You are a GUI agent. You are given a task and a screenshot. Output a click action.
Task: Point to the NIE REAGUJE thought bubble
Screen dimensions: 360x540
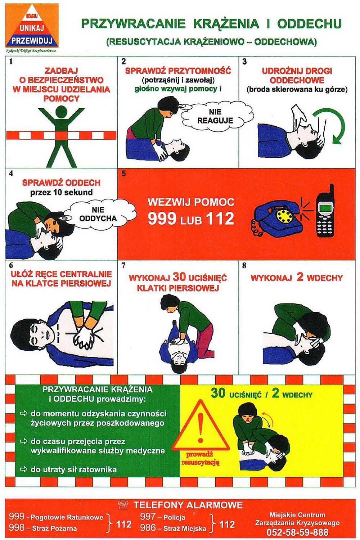pyautogui.click(x=215, y=116)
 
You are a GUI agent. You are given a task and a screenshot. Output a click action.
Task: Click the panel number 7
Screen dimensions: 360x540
pyautogui.click(x=123, y=265)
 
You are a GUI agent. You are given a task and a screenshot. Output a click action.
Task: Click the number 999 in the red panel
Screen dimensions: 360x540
pyautogui.click(x=162, y=219)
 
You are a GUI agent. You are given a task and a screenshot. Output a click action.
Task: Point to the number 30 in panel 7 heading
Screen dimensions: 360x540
pyautogui.click(x=179, y=278)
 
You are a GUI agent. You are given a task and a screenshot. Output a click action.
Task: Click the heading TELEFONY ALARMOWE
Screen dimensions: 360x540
pyautogui.click(x=188, y=505)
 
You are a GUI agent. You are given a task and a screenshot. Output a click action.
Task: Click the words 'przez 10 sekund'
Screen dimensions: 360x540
pyautogui.click(x=61, y=192)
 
